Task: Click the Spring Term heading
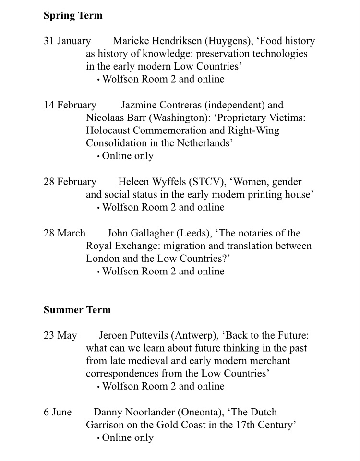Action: [x=73, y=15]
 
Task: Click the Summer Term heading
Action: [x=77, y=310]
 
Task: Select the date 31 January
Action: [x=67, y=41]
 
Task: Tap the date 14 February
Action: [x=70, y=105]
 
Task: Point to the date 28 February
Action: [x=70, y=182]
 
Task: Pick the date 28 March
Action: [x=64, y=233]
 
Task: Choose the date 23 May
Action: [x=60, y=335]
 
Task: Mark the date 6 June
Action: [x=58, y=412]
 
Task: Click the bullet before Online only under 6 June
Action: [x=98, y=438]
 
